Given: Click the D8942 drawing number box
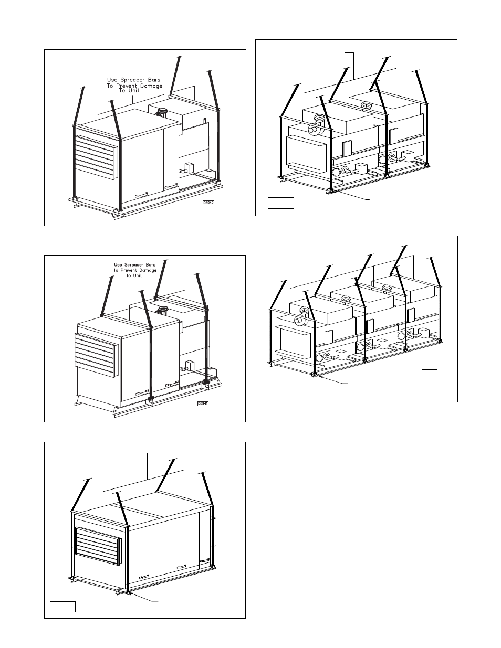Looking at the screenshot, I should coord(209,202).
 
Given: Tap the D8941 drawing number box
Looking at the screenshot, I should coord(203,403).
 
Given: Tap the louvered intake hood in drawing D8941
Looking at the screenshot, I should coord(95,354).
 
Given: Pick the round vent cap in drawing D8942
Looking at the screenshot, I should coord(162,111).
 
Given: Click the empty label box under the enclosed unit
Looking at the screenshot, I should coord(62,607).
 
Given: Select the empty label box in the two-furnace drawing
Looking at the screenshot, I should coord(280,203).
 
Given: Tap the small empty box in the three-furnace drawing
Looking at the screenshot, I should coord(430,373).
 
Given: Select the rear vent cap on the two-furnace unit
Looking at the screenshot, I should coord(364,105).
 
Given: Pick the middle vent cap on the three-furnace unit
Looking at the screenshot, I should coord(346,299).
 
